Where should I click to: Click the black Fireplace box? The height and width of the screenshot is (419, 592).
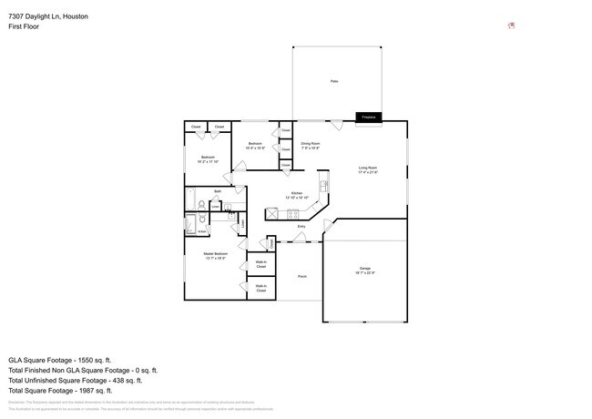click(x=368, y=117)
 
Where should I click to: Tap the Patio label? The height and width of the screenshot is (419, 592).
click(x=334, y=82)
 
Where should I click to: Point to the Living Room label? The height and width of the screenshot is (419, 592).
click(x=368, y=169)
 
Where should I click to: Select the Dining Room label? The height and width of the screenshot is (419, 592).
click(x=311, y=144)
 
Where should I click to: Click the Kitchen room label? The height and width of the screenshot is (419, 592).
click(x=297, y=194)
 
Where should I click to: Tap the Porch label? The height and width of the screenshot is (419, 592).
click(x=301, y=276)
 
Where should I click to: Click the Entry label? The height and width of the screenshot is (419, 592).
click(x=301, y=226)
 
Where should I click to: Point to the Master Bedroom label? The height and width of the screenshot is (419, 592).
click(x=215, y=256)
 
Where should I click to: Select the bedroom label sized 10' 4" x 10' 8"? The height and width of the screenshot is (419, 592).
click(x=257, y=145)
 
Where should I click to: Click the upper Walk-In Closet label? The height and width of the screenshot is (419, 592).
click(x=261, y=264)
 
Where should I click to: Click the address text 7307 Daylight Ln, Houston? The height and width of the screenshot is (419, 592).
click(x=48, y=15)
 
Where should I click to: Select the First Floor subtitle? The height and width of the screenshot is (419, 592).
click(x=26, y=26)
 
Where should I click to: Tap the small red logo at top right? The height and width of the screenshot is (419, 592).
click(x=512, y=25)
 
